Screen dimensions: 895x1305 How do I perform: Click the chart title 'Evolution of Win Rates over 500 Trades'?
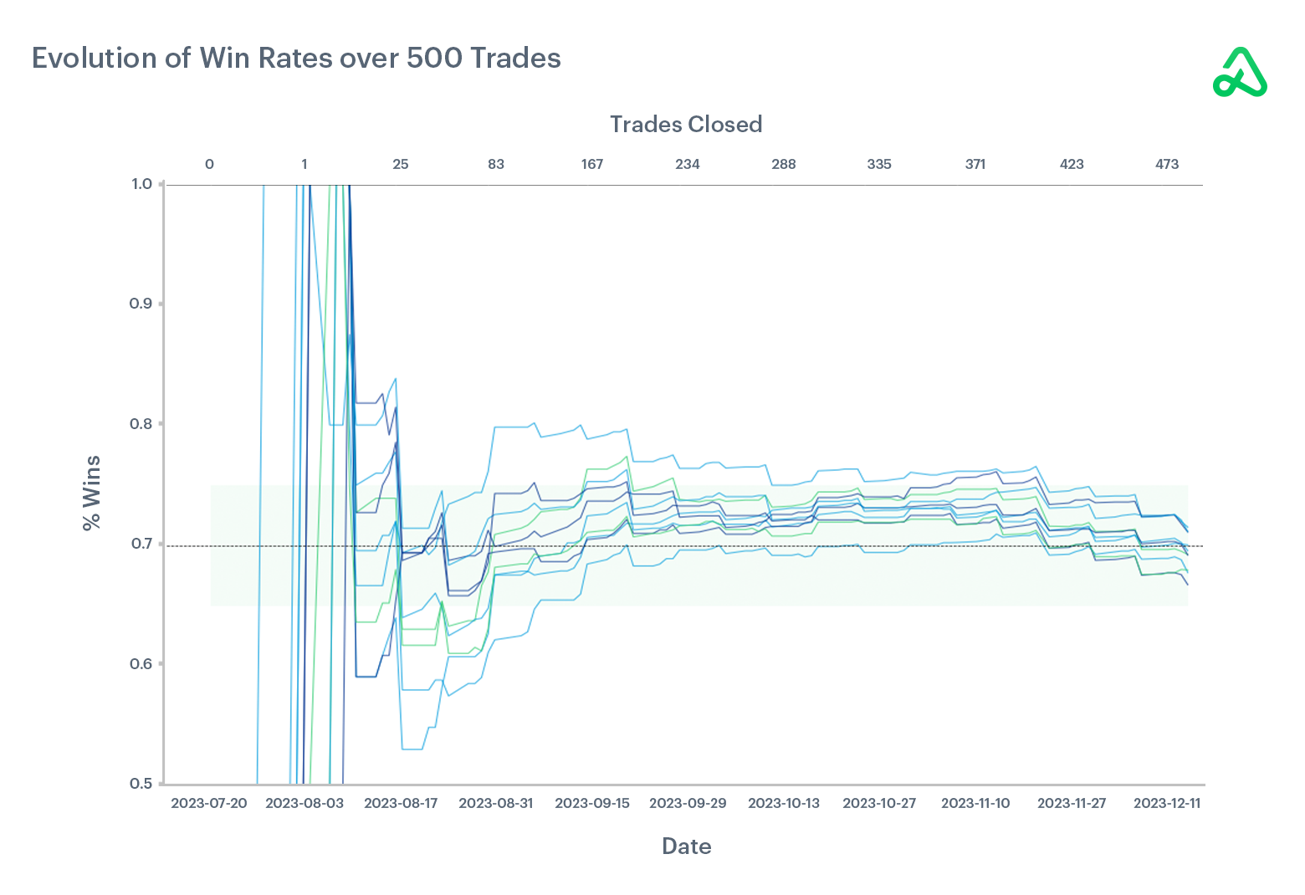296,58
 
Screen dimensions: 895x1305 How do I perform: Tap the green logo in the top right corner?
1240,73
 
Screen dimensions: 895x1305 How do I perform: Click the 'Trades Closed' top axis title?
685,125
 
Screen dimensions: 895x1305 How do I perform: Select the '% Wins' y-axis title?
91,493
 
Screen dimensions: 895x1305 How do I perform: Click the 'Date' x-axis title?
686,846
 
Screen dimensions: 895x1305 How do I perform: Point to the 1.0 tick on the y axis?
141,184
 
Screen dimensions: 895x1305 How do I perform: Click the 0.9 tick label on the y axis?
141,304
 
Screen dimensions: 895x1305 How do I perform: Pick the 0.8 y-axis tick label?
141,424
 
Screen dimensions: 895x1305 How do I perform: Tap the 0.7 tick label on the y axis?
141,545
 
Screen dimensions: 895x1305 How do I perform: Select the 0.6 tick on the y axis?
141,664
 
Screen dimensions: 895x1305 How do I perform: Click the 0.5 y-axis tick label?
141,784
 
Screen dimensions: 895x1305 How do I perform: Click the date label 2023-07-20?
209,803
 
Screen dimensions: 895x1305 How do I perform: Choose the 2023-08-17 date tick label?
401,803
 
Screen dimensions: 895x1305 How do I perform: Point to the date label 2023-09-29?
688,803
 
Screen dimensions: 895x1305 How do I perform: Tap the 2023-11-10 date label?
975,803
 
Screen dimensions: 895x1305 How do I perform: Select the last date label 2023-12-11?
1167,803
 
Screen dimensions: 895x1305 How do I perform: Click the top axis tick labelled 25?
401,164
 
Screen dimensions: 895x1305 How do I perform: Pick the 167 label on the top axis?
592,164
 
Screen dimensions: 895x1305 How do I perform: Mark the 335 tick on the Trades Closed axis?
879,164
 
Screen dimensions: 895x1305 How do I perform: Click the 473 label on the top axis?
1167,164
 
